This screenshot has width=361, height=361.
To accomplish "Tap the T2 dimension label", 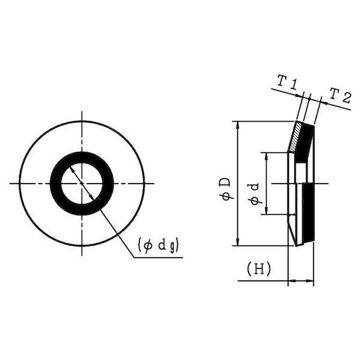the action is point(341,96).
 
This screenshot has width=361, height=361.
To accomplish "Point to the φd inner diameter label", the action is point(255,194).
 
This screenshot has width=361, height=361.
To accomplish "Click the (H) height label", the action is point(258,269).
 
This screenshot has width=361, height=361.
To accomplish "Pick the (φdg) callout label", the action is point(158,246).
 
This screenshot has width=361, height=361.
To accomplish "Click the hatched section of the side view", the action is point(295,137).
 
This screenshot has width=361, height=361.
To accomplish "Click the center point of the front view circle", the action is point(82,184).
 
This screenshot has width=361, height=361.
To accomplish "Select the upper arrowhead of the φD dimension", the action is point(238,125).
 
